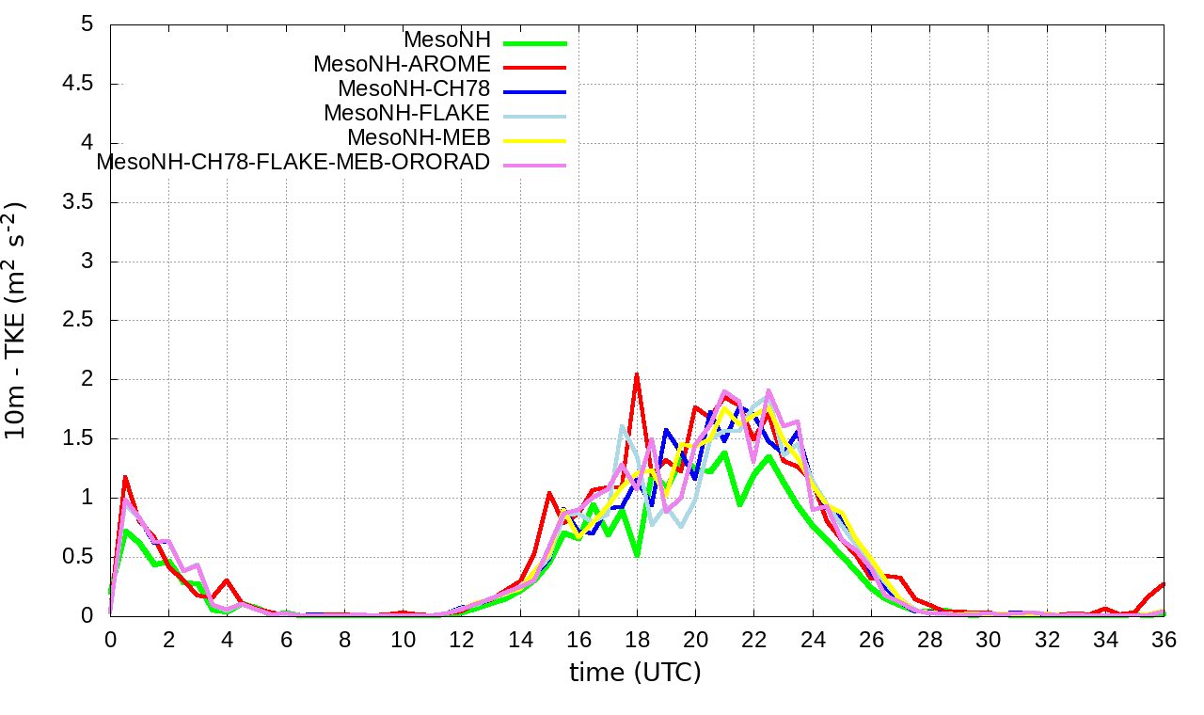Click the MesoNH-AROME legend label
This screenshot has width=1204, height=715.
click(x=402, y=65)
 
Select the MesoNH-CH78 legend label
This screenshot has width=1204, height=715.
click(x=414, y=89)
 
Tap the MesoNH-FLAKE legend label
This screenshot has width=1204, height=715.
click(x=406, y=114)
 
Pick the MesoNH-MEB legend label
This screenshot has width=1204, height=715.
click(x=419, y=138)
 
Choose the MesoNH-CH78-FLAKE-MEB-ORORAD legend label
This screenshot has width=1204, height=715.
click(x=293, y=163)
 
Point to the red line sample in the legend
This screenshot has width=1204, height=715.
click(x=534, y=68)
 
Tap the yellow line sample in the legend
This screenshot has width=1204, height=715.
click(x=534, y=141)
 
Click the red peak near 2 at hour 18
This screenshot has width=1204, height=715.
click(x=637, y=374)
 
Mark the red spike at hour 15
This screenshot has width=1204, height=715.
click(x=549, y=492)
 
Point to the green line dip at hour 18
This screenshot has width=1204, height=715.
click(x=637, y=555)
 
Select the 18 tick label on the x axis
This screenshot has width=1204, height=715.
click(x=637, y=639)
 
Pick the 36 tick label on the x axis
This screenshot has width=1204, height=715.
click(x=1164, y=639)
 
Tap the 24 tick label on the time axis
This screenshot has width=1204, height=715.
click(x=813, y=639)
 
